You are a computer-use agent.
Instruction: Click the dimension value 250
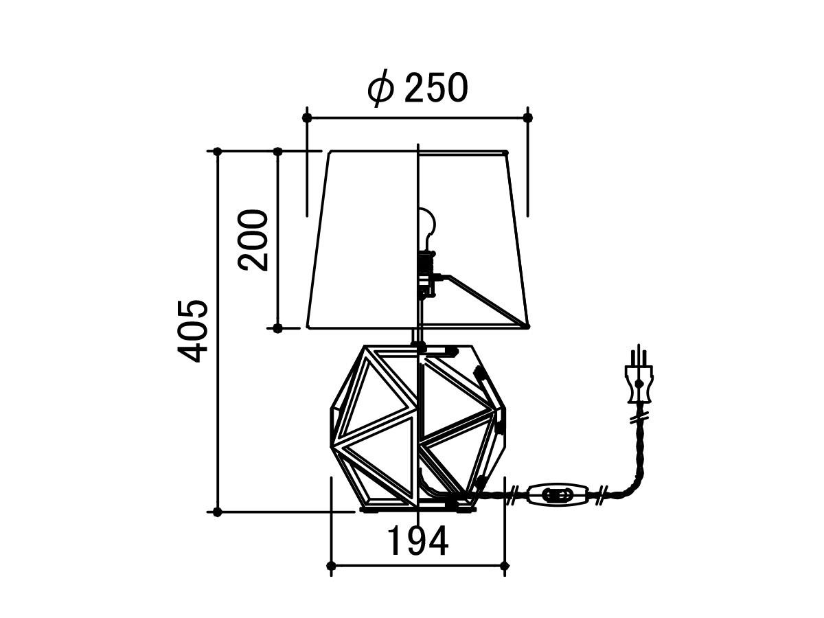coord(436,87)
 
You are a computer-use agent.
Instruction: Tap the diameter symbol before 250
coord(380,88)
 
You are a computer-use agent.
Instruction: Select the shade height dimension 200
coord(253,240)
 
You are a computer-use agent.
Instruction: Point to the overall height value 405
coord(192,331)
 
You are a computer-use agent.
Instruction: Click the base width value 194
coord(417,540)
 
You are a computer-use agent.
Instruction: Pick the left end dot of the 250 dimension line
coord(307,118)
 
